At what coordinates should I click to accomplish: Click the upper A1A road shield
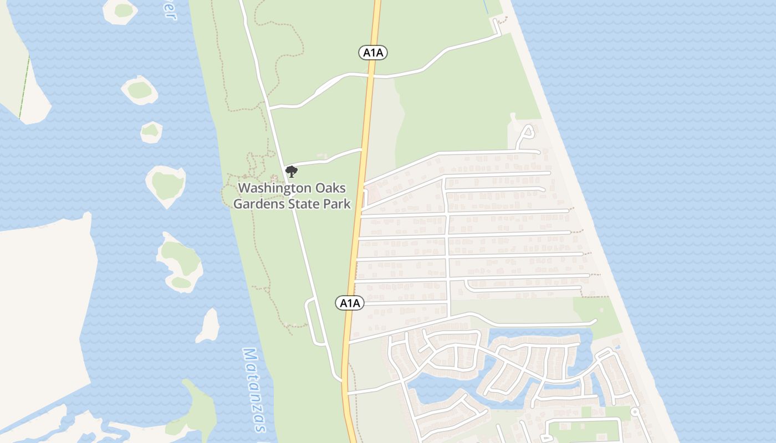click(372, 53)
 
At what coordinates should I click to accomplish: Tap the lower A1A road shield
click(350, 303)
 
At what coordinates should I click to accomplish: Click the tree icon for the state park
click(292, 171)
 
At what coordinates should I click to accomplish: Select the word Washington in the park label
click(271, 188)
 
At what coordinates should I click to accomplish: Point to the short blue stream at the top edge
click(486, 7)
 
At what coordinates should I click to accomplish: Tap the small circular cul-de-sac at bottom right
click(635, 413)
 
